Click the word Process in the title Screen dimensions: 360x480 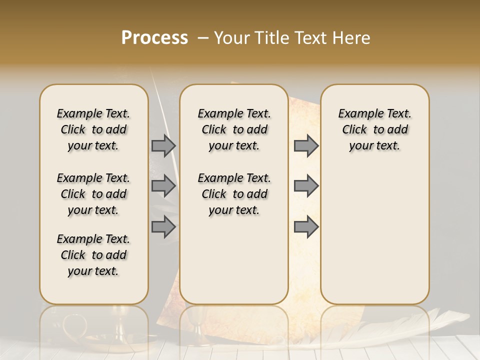coord(154,38)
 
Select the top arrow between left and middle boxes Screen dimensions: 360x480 coord(163,145)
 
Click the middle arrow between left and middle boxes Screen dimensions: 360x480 coord(163,186)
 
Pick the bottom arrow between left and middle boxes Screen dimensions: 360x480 coord(163,227)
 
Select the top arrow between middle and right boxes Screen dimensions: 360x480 coord(306,145)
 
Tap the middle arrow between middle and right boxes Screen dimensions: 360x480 coord(306,186)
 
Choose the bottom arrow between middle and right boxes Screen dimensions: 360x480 coord(306,227)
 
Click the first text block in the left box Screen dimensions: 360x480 coord(93,129)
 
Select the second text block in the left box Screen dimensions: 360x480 coord(93,194)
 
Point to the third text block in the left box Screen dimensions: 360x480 coord(93,255)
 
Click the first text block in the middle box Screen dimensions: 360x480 coord(234,129)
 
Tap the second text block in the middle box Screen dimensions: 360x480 coord(234,194)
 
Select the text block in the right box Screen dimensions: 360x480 coord(374,129)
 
